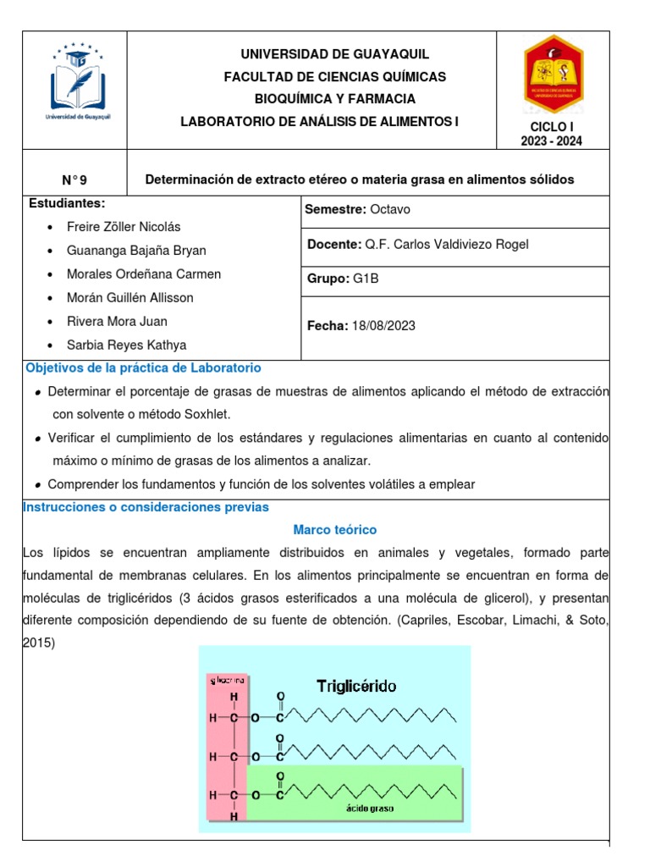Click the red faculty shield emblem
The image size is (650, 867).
click(x=552, y=75)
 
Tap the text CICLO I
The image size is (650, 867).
click(x=551, y=126)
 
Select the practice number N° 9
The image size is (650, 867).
click(x=74, y=179)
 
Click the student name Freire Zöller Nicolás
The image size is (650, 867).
click(x=123, y=227)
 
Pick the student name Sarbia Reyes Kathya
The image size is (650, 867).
click(x=126, y=345)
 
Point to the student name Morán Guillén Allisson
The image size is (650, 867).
click(x=129, y=297)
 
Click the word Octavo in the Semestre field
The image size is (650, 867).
click(x=389, y=209)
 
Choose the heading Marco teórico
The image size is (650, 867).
click(x=334, y=529)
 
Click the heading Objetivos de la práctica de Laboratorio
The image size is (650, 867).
click(x=144, y=368)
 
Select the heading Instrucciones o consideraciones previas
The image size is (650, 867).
click(x=146, y=506)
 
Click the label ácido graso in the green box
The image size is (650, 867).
click(x=369, y=808)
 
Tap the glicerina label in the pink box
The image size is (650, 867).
click(x=226, y=679)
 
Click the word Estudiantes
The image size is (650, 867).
click(x=67, y=204)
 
